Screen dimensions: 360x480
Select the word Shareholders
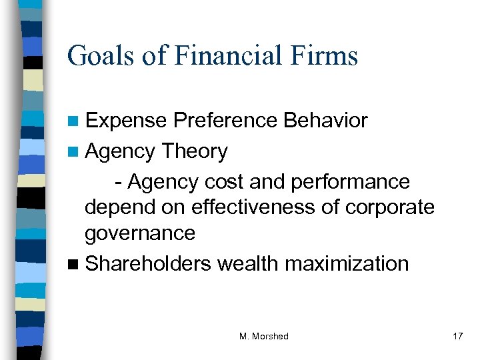click(x=148, y=263)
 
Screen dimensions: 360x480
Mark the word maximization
click(x=347, y=263)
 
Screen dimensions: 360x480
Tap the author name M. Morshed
click(x=264, y=337)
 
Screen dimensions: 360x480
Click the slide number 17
click(x=457, y=337)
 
